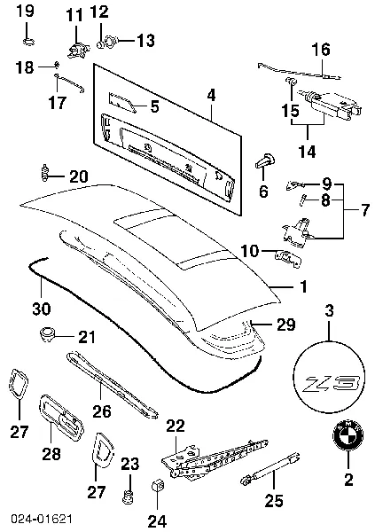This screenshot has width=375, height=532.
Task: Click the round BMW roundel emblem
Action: click(347, 439)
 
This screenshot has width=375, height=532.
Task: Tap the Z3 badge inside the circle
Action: click(329, 382)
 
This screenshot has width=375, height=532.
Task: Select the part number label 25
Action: click(276, 500)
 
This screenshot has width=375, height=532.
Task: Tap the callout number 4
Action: click(210, 93)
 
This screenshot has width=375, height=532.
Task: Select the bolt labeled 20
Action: click(43, 170)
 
